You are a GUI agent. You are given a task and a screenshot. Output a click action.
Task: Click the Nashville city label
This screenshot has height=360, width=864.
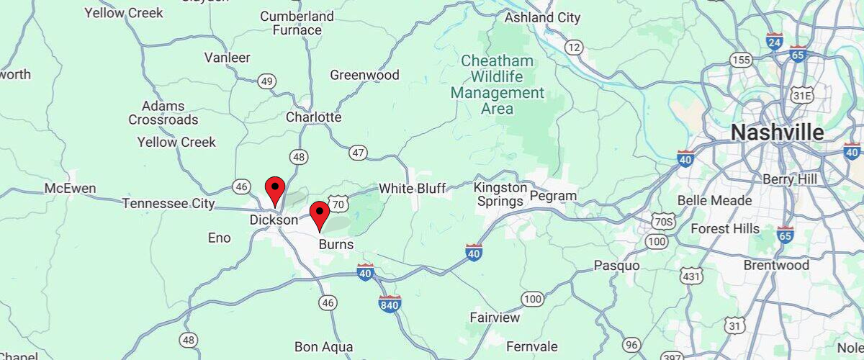pyautogui.click(x=777, y=132)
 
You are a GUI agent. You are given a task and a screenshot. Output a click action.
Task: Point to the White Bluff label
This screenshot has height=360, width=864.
pyautogui.click(x=413, y=189)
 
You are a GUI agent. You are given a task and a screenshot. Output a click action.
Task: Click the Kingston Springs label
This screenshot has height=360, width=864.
pyautogui.click(x=500, y=194)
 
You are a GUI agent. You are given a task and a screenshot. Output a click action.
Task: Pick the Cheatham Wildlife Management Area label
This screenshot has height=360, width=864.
pyautogui.click(x=497, y=85)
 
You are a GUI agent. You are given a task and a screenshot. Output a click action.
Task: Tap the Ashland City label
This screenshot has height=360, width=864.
pyautogui.click(x=543, y=17)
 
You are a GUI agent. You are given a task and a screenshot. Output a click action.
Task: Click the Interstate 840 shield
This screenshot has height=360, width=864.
pyautogui.click(x=390, y=305)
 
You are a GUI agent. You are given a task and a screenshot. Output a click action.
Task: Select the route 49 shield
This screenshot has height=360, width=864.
pyautogui.click(x=267, y=81)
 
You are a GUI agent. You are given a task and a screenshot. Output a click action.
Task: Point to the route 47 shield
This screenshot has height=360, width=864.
pyautogui.click(x=358, y=153)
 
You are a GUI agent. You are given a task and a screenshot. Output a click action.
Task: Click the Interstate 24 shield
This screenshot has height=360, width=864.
pyautogui.click(x=775, y=41)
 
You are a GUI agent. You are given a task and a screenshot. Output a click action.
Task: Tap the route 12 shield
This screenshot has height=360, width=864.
pyautogui.click(x=573, y=48)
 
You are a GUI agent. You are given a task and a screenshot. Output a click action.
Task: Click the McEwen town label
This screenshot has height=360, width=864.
pyautogui.click(x=70, y=189)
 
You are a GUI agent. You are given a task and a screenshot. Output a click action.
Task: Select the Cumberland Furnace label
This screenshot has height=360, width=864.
pyautogui.click(x=297, y=23)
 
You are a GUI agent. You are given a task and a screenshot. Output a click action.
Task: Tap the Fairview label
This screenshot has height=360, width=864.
pyautogui.click(x=495, y=318)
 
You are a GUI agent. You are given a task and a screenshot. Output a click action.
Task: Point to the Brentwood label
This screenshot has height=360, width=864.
pyautogui.click(x=777, y=265)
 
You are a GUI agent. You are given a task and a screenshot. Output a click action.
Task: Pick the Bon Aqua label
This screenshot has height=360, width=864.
pyautogui.click(x=323, y=347)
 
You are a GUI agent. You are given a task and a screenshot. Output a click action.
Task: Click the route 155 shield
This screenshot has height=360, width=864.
pyautogui.click(x=740, y=60)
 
